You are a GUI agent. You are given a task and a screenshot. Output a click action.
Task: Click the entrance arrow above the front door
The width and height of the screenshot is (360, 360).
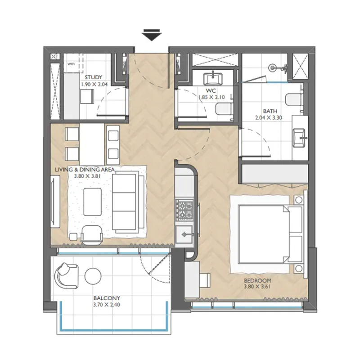[152, 35]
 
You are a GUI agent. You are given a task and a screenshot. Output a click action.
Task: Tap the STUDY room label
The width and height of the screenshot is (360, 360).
[94, 77]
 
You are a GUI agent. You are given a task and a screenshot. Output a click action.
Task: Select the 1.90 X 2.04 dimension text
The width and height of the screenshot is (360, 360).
[94, 84]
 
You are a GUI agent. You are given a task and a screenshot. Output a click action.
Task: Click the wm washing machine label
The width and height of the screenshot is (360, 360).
[71, 64]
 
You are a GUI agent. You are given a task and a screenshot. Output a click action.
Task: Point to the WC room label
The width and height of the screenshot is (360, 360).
[211, 90]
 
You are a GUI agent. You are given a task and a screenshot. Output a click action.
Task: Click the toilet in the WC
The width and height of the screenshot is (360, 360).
[223, 109]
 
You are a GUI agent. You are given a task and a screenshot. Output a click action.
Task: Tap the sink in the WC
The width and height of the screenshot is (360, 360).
[213, 78]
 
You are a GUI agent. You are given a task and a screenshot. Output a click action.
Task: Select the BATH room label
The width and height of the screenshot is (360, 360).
[270, 111]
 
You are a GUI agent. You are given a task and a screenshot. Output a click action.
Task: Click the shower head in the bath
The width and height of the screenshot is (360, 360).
[272, 68]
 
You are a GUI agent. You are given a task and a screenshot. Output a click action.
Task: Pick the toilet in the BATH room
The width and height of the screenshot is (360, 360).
[293, 99]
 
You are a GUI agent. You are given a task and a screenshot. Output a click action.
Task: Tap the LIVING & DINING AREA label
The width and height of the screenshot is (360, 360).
[85, 170]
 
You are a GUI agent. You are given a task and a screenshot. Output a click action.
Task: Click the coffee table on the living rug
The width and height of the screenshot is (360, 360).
[93, 202]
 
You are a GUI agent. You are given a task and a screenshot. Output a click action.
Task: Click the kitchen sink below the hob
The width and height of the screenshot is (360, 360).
[184, 234]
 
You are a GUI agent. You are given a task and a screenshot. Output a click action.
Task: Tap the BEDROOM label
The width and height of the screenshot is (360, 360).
[257, 280]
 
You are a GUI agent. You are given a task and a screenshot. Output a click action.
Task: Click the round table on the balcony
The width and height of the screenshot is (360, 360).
[93, 276]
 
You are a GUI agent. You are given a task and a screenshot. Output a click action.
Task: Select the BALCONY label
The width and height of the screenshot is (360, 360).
[107, 298]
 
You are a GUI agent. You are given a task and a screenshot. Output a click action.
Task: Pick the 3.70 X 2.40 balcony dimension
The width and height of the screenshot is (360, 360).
[107, 305]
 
